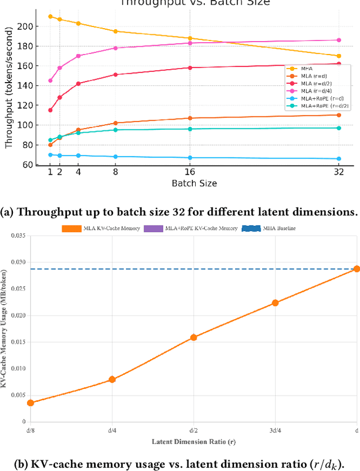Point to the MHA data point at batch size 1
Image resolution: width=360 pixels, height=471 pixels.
51,16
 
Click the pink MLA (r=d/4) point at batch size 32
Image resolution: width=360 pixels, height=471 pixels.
339,40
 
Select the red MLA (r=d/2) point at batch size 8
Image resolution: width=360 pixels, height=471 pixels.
115,74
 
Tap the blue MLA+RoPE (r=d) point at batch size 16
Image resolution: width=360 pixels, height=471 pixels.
190,157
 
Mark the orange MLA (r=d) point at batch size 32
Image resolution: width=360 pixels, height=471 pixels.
339,115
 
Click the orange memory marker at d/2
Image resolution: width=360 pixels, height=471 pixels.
193,337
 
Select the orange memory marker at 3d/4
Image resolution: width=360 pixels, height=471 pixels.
275,302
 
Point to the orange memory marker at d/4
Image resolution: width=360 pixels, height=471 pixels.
112,379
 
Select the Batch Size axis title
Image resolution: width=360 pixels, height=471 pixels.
194,183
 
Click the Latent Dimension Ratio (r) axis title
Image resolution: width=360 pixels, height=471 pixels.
193,442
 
